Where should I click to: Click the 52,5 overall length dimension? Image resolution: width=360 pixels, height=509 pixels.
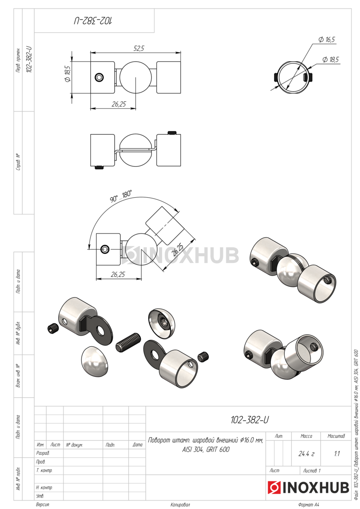tap(139, 48)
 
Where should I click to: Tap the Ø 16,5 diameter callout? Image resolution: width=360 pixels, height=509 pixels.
tap(327, 40)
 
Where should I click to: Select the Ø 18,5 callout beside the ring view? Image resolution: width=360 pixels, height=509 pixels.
tap(330, 60)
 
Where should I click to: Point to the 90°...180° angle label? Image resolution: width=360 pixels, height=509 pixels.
tap(121, 196)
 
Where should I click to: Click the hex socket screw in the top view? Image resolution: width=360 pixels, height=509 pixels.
tap(100, 78)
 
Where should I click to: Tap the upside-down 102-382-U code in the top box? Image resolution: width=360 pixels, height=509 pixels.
tap(93, 21)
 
